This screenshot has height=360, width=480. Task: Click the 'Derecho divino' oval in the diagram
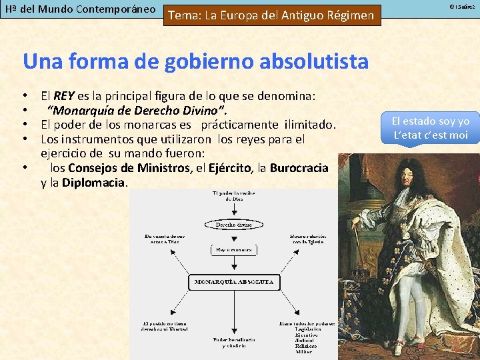tap(233, 225)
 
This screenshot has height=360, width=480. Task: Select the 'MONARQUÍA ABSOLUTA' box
tap(233, 282)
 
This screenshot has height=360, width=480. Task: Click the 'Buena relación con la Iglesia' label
tap(307, 239)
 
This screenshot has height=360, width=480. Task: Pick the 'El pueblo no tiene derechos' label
tap(165, 326)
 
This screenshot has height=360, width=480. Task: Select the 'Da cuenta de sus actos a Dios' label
tap(164, 239)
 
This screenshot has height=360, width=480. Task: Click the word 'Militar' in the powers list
tap(304, 352)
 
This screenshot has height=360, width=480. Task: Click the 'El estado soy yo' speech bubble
tap(431, 128)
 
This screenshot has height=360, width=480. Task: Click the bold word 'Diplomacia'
tap(94, 182)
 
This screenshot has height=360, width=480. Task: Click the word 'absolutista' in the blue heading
tap(307, 61)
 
